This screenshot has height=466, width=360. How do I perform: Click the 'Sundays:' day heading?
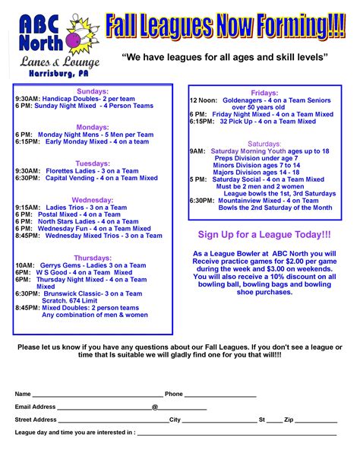[x=93, y=90]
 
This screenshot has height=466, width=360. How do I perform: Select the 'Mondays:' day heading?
[x=93, y=127]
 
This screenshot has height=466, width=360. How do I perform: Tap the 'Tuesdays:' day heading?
[x=93, y=163]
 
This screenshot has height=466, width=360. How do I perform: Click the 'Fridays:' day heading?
[x=264, y=92]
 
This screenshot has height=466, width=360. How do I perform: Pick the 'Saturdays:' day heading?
[x=264, y=144]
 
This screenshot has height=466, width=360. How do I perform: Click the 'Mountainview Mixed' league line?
[x=262, y=200]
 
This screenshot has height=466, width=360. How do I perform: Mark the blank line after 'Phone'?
[x=220, y=395]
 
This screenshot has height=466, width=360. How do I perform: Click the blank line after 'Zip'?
[x=317, y=420]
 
